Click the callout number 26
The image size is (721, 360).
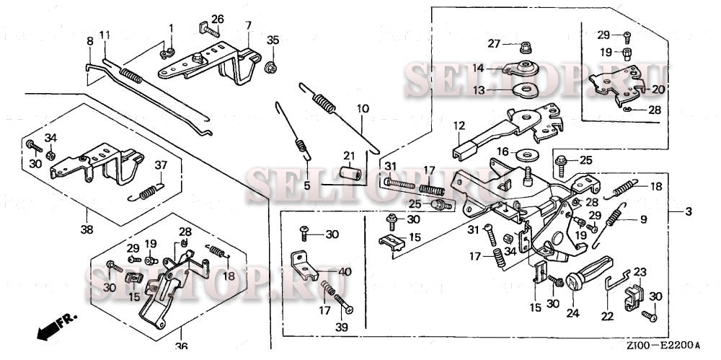217,19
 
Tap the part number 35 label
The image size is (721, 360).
272,39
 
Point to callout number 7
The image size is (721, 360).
248,25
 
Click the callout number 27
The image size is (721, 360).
493,43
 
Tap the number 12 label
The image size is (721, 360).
459,126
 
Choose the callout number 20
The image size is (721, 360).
658,89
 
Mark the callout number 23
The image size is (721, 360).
640,272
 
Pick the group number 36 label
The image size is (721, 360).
181,346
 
